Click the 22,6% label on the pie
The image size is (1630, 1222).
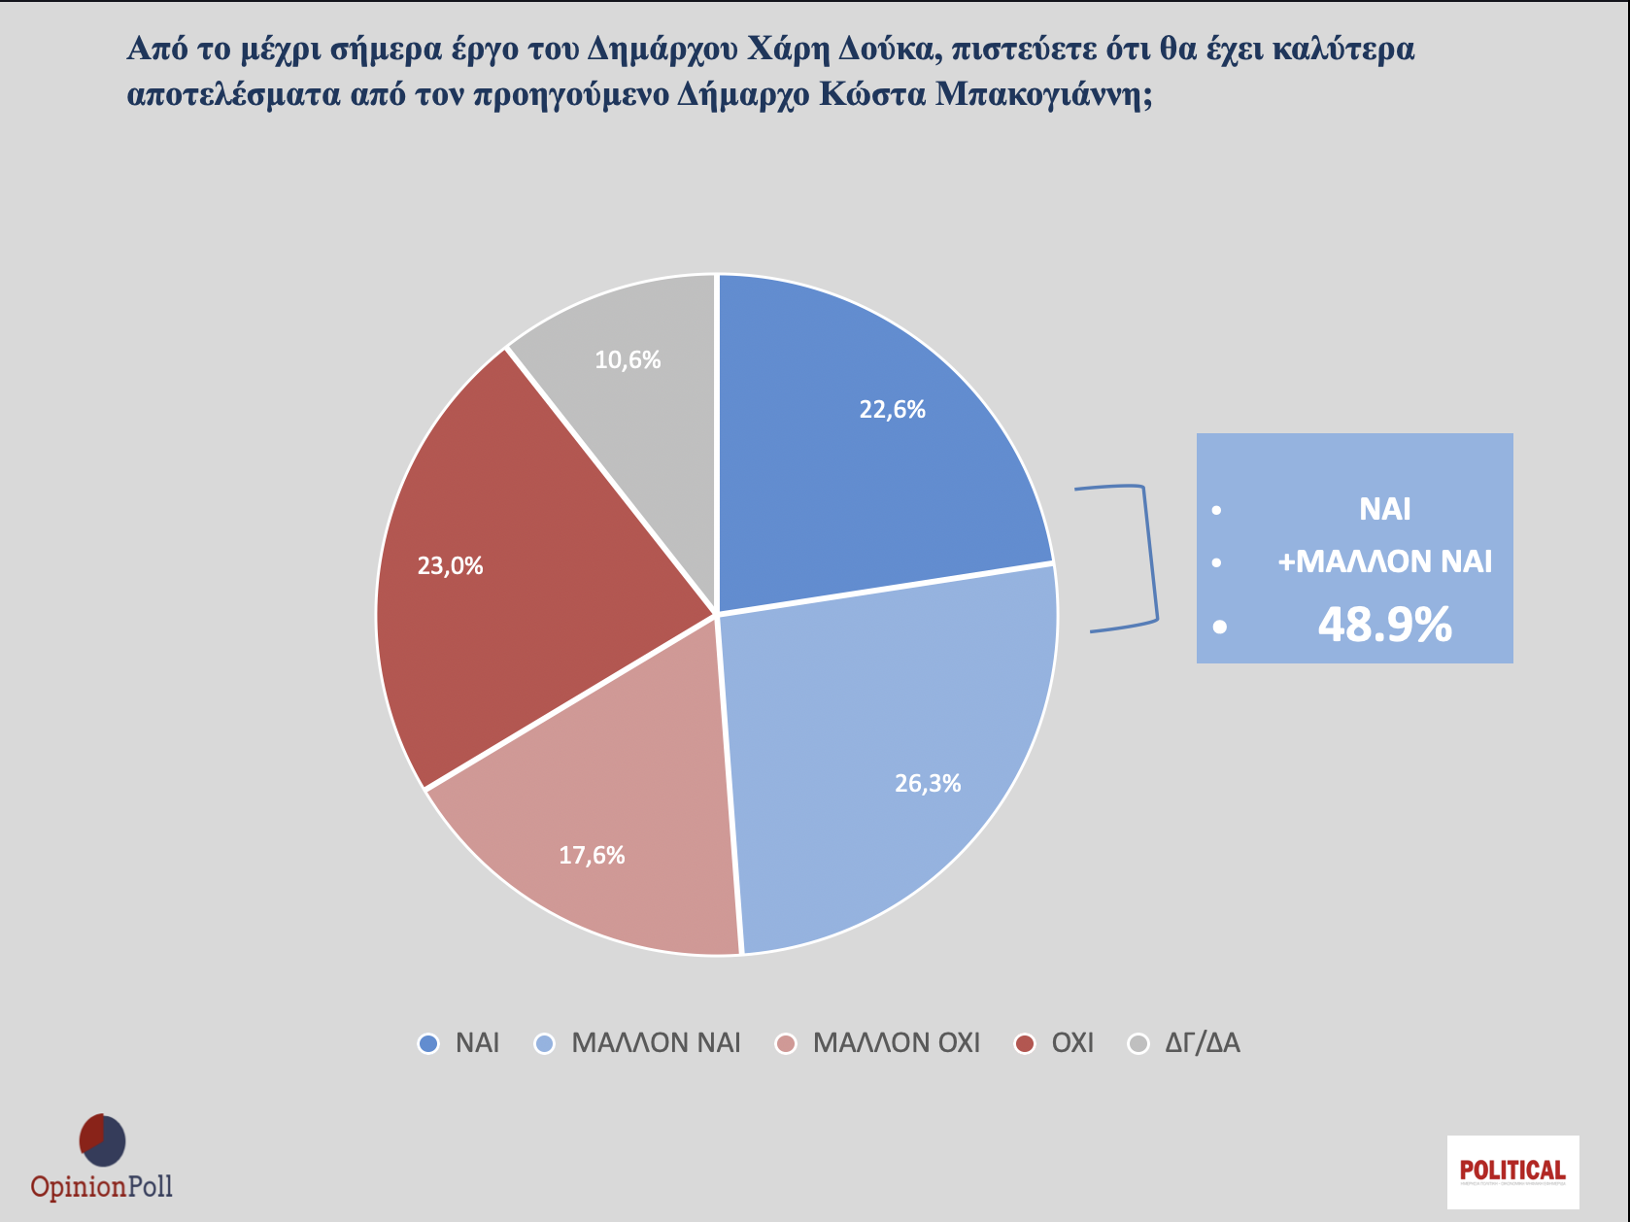(892, 410)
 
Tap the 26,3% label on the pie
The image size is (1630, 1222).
(928, 784)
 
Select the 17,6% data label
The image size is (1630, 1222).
(592, 856)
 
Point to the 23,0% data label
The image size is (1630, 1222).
(450, 566)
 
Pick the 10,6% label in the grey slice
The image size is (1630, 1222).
(628, 360)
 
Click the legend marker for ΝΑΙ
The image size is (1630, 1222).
(428, 1044)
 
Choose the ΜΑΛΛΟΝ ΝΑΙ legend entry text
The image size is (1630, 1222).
(656, 1044)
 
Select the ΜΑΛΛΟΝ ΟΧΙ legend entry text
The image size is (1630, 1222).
(896, 1044)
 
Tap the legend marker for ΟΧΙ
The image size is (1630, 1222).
(1024, 1044)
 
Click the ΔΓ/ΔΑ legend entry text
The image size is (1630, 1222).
(1202, 1044)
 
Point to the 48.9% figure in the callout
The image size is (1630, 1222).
(1384, 625)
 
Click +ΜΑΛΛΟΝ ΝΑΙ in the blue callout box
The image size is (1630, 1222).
(1384, 561)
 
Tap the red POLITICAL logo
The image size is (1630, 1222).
(1512, 1171)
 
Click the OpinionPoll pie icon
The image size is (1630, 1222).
(102, 1140)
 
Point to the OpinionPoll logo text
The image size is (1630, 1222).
(101, 1187)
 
